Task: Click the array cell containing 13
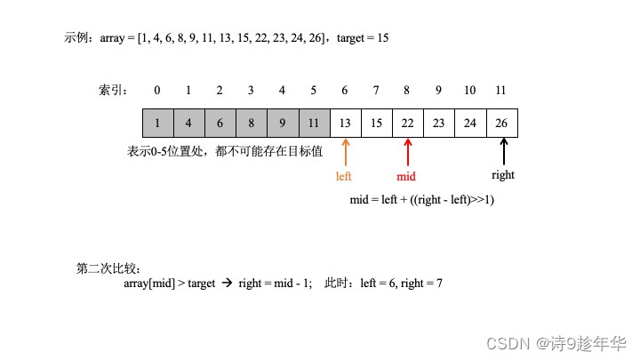tap(345, 123)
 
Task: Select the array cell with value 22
tap(407, 123)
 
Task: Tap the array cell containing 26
tap(502, 123)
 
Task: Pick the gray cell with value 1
tap(157, 123)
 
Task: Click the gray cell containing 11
tap(314, 123)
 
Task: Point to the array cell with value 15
tap(376, 123)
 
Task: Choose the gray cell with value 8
tap(251, 123)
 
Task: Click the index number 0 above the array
tap(157, 90)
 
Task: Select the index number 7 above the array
tap(376, 90)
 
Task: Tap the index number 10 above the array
tap(469, 90)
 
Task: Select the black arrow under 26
tap(503, 149)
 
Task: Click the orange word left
tap(344, 176)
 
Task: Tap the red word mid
tap(406, 176)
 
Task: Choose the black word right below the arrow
tap(503, 175)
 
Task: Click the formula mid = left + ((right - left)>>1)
tap(423, 200)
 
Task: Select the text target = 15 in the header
tap(363, 38)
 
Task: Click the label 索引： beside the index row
tap(114, 90)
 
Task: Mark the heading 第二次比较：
tap(108, 268)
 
